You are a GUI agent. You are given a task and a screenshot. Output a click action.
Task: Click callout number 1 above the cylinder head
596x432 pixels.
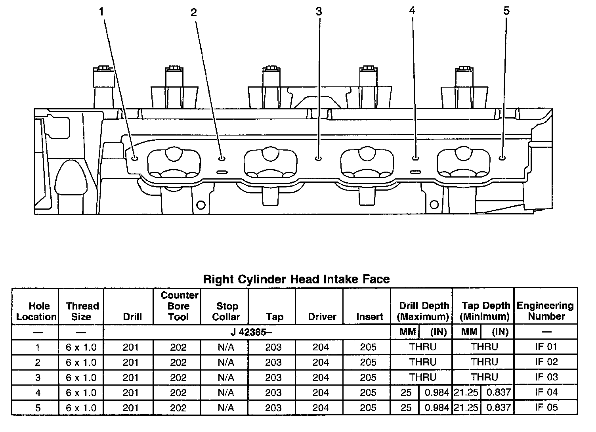point(101,12)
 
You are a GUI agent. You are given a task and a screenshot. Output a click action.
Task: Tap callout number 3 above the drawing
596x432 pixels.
point(319,12)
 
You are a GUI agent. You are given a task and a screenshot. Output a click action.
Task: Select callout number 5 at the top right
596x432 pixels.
point(506,11)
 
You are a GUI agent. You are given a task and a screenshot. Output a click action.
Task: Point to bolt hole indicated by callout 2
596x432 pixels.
point(222,159)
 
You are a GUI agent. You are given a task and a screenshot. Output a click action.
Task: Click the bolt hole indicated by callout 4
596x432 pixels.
point(415,158)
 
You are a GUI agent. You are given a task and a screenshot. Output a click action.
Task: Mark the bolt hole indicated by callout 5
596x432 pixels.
point(502,158)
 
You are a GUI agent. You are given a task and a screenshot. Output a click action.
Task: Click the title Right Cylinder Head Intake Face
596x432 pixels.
point(296,279)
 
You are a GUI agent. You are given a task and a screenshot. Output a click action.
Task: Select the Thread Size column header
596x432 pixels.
point(82,311)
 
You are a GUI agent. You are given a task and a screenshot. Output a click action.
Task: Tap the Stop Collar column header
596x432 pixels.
point(226,311)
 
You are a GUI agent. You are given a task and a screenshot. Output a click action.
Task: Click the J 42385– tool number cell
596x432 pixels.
point(251,332)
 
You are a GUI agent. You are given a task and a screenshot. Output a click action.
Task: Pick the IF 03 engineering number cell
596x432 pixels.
point(546,377)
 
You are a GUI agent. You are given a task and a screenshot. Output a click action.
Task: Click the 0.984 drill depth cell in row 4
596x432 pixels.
point(436,392)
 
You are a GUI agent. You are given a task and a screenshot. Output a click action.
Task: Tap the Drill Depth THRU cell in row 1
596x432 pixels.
point(422,347)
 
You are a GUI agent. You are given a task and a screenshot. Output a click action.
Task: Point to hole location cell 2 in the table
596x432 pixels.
point(38,362)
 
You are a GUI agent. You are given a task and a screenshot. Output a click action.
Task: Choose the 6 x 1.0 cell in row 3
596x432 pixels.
point(81,377)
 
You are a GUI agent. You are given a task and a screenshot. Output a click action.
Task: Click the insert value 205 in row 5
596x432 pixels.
point(368,407)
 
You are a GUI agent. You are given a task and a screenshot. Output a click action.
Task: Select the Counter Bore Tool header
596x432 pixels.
point(178,306)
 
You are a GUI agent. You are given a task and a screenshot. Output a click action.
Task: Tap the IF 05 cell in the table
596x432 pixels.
point(546,407)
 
